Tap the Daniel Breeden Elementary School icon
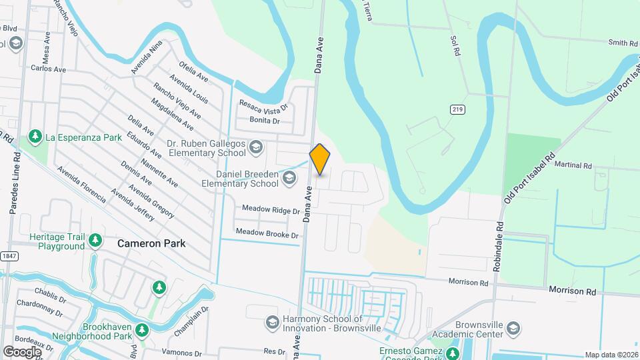289,177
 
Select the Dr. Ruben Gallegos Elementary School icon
255,147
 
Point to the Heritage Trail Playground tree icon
95,239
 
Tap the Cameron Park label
151,243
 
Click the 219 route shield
457,109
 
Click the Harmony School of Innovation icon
271,323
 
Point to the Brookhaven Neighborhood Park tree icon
141,331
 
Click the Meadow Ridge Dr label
271,210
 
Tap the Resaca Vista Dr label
264,106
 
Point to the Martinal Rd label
573,165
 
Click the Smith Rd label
622,43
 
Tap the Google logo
22,351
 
